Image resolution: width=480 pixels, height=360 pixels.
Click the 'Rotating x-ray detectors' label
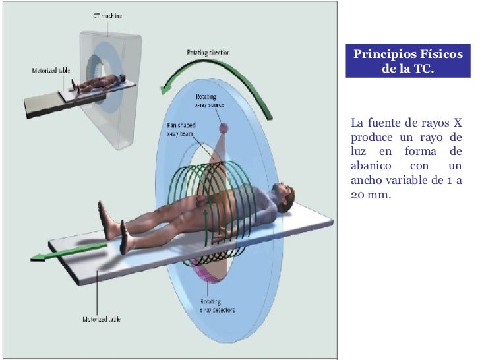tap(217, 305)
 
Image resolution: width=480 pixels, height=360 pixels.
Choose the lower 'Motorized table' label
tap(101, 319)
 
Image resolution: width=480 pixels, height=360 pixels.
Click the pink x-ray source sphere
tap(224, 127)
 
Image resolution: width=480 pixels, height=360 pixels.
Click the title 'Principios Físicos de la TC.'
tap(407, 61)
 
